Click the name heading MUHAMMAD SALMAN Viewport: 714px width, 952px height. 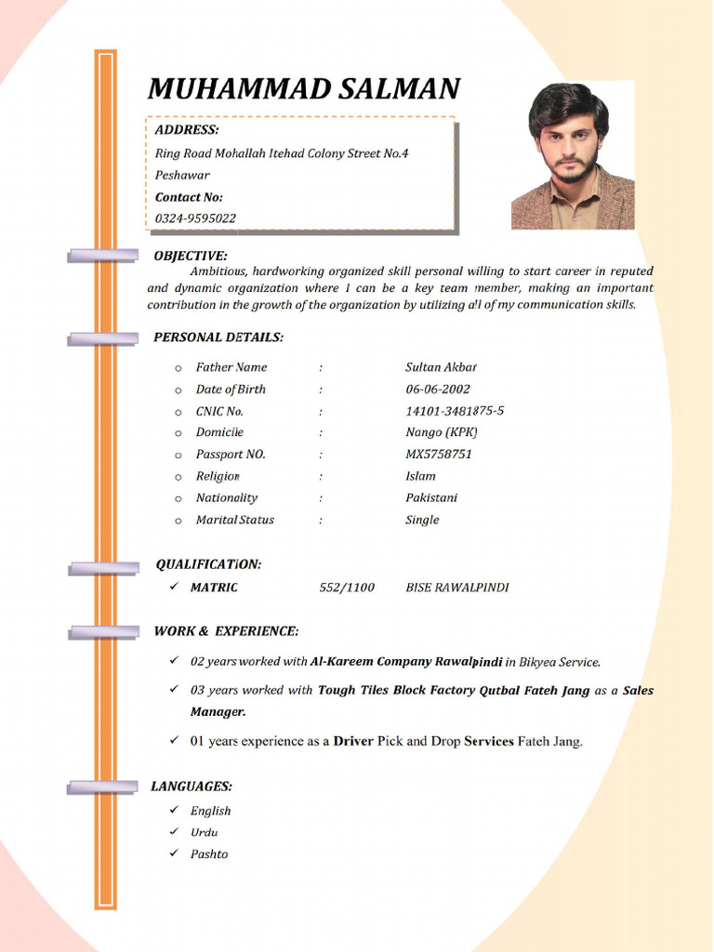coord(303,89)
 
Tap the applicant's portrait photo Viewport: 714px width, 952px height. coord(572,155)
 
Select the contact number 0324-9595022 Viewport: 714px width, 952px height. coord(195,218)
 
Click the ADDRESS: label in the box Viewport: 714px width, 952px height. coord(187,130)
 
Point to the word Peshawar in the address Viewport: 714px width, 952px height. coord(182,175)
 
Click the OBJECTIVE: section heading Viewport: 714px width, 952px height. coord(190,256)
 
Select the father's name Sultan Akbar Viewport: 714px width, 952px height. coord(442,367)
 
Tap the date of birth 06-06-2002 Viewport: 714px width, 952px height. coord(438,390)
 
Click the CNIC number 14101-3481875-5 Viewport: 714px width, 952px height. coord(455,411)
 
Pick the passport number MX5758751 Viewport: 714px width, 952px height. coord(439,455)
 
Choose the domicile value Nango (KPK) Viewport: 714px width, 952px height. coord(442,432)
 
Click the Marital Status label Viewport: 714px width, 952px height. coord(234,520)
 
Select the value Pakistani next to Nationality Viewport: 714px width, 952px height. coord(431,497)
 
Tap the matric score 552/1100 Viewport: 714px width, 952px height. coord(347,588)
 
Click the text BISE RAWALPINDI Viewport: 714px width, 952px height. coord(457,588)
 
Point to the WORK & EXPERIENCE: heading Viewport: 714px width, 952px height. coord(226,631)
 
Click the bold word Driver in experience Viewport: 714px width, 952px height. coord(353,742)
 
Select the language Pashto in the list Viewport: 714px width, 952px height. coord(209,854)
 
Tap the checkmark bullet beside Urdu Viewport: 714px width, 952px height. coord(174,832)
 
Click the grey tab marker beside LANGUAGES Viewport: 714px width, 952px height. coord(102,788)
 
